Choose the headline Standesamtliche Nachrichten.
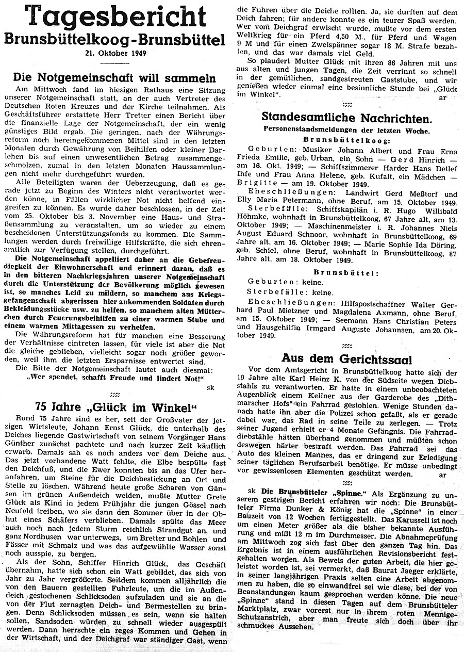tap(346, 118)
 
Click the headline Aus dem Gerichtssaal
tap(346, 357)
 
